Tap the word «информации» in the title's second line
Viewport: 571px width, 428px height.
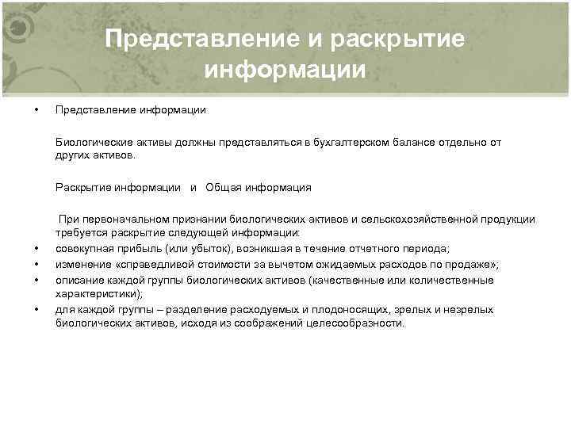click(285, 71)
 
